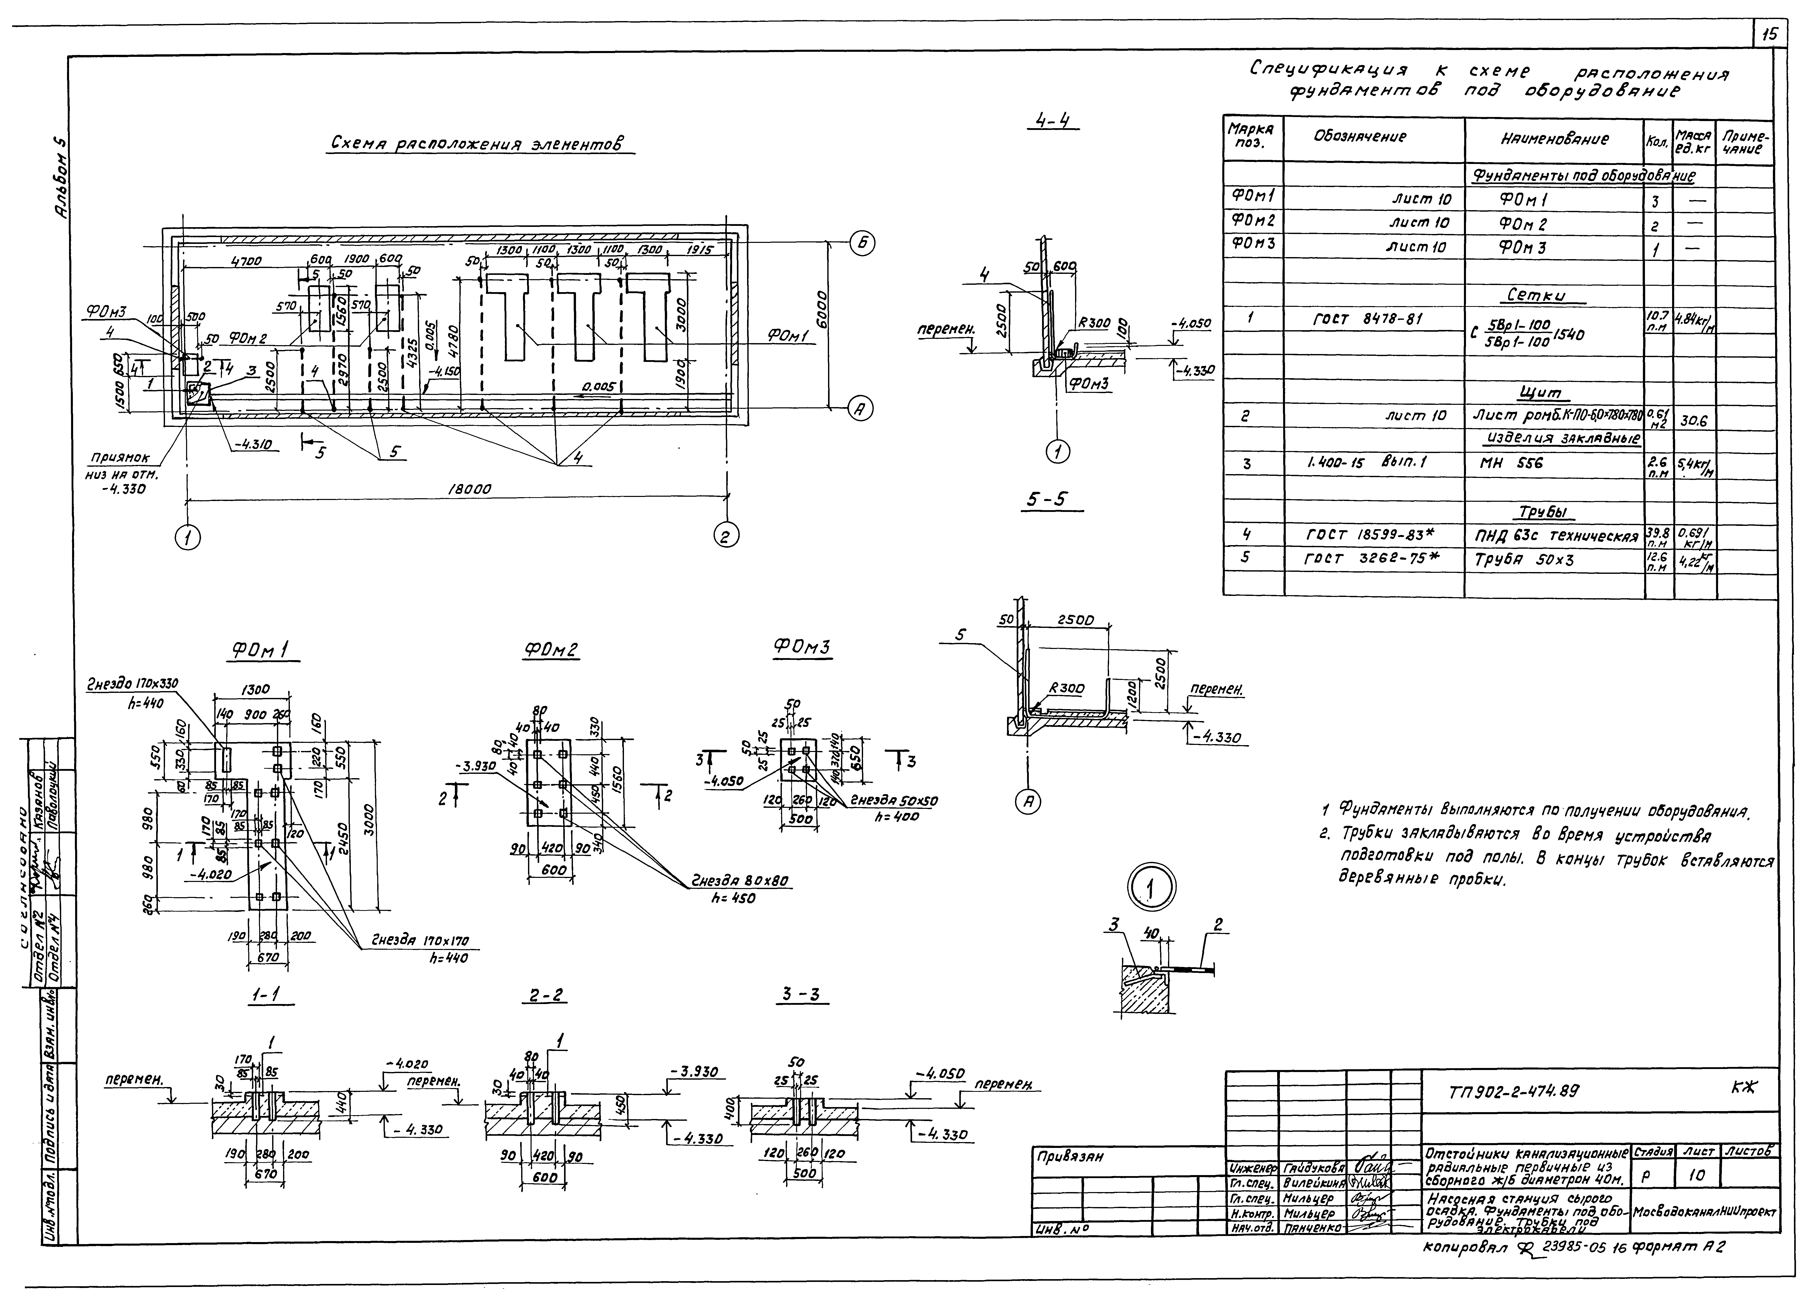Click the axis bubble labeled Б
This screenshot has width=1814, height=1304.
point(861,243)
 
